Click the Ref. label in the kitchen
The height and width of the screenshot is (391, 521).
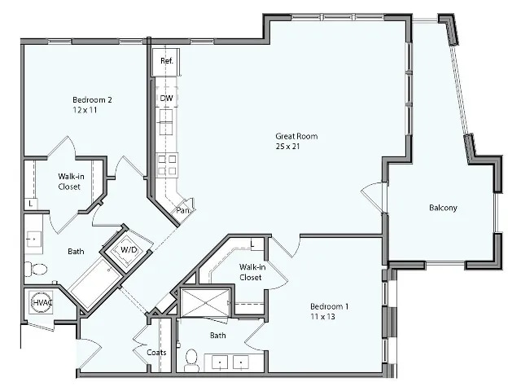click(x=166, y=60)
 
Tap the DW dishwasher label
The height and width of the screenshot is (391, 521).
click(x=166, y=99)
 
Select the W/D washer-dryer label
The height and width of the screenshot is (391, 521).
click(x=128, y=249)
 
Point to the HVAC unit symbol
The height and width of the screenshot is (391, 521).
click(x=42, y=302)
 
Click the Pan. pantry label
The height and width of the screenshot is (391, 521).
click(x=183, y=210)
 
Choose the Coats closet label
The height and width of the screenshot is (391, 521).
click(x=157, y=353)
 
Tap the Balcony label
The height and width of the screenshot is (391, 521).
click(x=443, y=208)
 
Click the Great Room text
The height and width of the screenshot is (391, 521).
click(x=296, y=136)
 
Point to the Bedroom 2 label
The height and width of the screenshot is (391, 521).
click(x=92, y=100)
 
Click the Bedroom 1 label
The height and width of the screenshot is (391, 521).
click(x=329, y=306)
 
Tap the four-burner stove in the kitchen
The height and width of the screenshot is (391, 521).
click(x=167, y=165)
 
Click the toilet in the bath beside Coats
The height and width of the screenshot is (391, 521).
click(x=193, y=358)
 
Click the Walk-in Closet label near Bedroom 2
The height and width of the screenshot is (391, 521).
click(x=68, y=181)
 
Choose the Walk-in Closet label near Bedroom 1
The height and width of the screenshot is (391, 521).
click(x=250, y=272)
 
